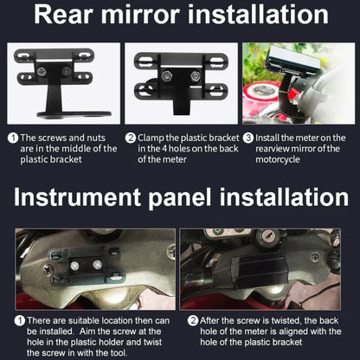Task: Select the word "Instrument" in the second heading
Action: tap(77, 197)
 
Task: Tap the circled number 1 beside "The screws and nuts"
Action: tap(13, 138)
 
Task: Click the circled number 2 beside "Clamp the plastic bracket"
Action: tap(131, 138)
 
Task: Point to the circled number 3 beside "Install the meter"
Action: tap(248, 138)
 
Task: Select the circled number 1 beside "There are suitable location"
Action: tap(20, 321)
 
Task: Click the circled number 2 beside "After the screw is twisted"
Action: tap(193, 321)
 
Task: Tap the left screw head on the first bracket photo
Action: tap(42, 70)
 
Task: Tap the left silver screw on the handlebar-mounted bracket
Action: tap(75, 266)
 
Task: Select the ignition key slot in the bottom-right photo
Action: tap(266, 237)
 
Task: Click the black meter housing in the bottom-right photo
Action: tap(254, 270)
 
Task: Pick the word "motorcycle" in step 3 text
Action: tap(278, 159)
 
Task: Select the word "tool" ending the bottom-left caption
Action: tap(118, 353)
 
